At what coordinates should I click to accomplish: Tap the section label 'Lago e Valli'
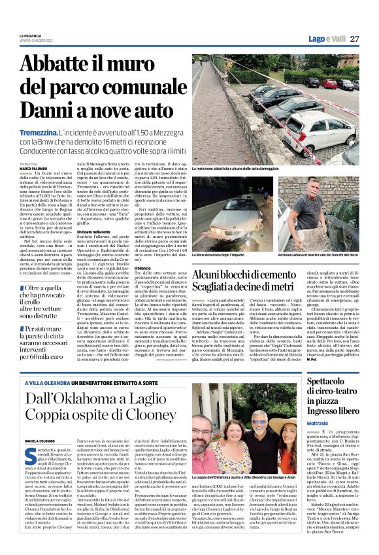(325, 39)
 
